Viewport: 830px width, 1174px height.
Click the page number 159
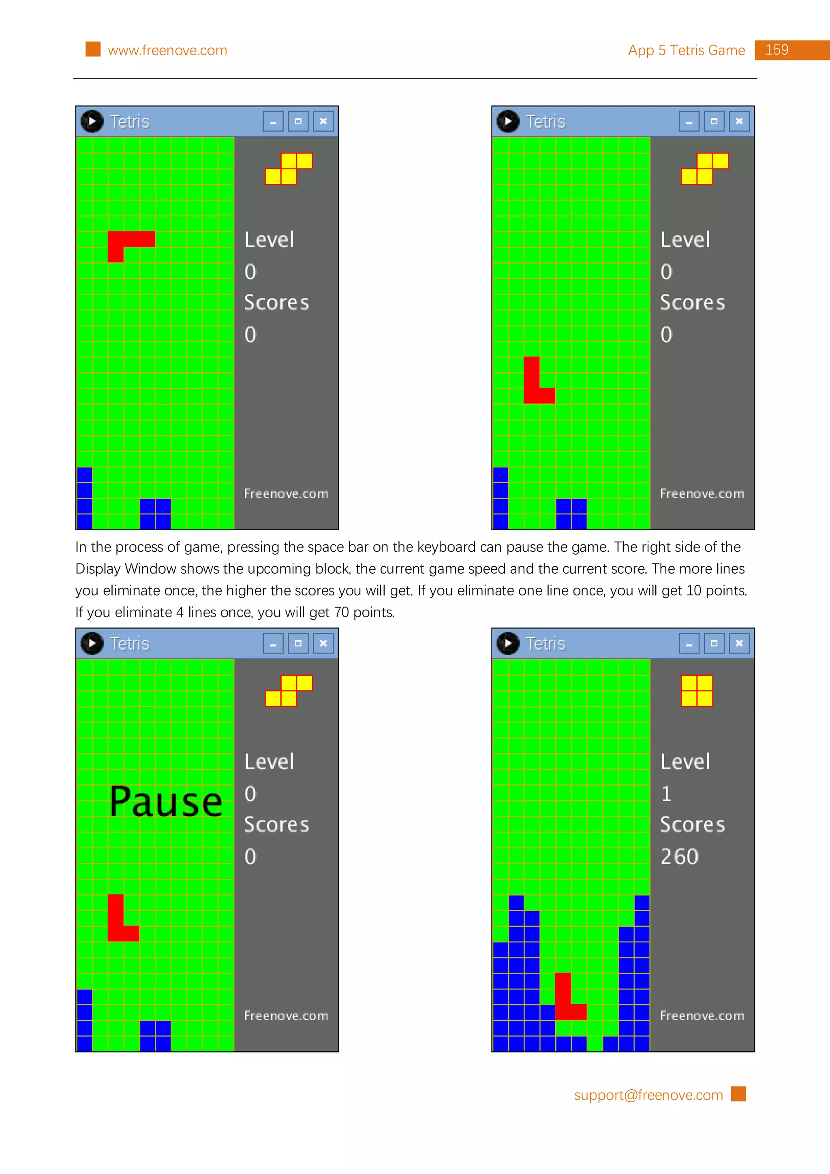pyautogui.click(x=777, y=50)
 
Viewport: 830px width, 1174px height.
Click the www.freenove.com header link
pyautogui.click(x=167, y=51)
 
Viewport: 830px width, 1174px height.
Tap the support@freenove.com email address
pyautogui.click(x=648, y=1095)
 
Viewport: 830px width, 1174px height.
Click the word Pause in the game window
pyautogui.click(x=166, y=802)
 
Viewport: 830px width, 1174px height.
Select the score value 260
pyautogui.click(x=679, y=857)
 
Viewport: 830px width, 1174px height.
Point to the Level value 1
pyautogui.click(x=666, y=794)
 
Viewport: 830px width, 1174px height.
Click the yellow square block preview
pyautogui.click(x=697, y=691)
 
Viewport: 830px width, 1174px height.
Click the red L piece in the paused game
pyautogui.click(x=117, y=926)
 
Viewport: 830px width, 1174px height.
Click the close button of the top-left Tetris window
pyautogui.click(x=323, y=122)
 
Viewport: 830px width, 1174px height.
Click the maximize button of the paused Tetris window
pyautogui.click(x=298, y=643)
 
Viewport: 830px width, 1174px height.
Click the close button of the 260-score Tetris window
pyautogui.click(x=739, y=643)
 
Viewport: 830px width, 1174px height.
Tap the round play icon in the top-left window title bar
pyautogui.click(x=92, y=122)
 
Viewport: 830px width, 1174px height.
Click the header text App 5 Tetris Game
pyautogui.click(x=686, y=51)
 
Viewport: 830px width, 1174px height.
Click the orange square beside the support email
pyautogui.click(x=738, y=1094)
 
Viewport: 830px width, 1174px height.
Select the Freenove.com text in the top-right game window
pyautogui.click(x=702, y=493)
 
